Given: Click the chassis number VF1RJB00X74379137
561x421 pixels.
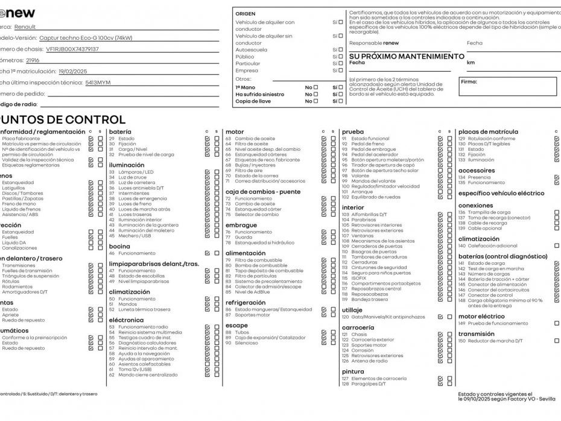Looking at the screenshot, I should [x=72, y=49].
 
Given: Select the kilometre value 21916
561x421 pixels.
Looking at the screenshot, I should [x=33, y=60].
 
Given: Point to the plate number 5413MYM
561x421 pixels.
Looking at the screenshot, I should [x=98, y=82].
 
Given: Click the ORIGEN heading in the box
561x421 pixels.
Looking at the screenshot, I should [x=245, y=13].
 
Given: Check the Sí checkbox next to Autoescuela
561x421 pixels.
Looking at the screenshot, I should [x=341, y=50].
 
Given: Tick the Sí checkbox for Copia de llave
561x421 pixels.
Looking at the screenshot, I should [x=341, y=101].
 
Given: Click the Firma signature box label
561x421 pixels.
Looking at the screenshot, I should [x=469, y=81].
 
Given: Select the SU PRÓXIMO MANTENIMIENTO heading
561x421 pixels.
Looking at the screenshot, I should [x=407, y=56].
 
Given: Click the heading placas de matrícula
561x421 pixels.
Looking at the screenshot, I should [x=487, y=131].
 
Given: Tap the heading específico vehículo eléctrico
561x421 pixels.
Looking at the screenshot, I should [x=501, y=194].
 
